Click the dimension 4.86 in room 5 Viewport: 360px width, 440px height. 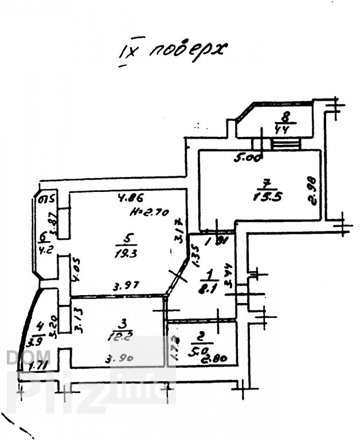[129, 199]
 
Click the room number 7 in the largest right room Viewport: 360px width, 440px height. [265, 184]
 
